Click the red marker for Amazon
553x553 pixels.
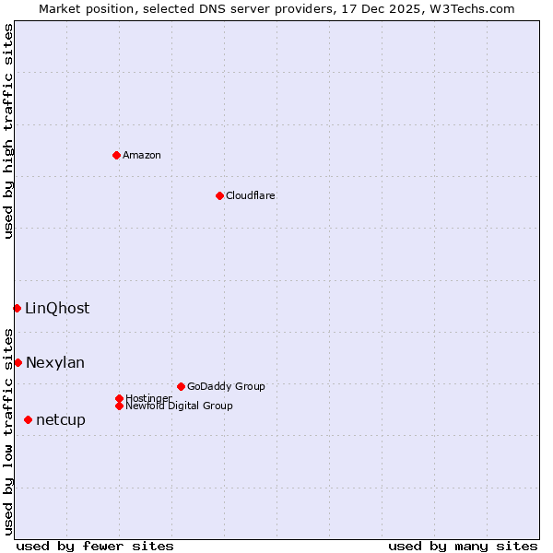[116, 155]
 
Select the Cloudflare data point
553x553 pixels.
[219, 195]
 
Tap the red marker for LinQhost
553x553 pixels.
[17, 308]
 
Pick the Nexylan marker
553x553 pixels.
[18, 362]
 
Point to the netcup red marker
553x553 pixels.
[28, 419]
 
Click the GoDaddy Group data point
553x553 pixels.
[181, 386]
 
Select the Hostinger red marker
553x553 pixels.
[119, 398]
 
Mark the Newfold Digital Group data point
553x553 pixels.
[119, 406]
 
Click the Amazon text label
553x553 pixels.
[142, 155]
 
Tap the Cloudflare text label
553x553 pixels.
[250, 195]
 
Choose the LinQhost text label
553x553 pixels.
[57, 308]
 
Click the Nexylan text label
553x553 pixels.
[55, 362]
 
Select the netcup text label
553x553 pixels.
[61, 419]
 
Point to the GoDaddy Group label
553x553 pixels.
[226, 386]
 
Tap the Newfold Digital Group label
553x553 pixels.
[179, 406]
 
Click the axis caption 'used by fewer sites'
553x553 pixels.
[95, 546]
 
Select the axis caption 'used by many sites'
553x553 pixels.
[463, 546]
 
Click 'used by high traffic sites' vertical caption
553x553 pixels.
[8, 131]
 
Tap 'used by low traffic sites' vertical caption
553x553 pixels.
[8, 430]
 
